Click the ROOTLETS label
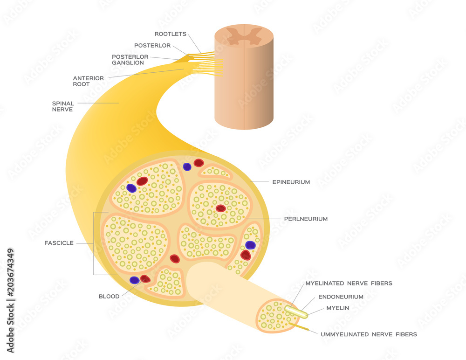tap(171, 34)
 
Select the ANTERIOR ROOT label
tap(88, 81)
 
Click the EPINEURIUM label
tap(291, 182)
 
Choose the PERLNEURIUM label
tap(306, 219)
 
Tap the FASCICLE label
tap(59, 243)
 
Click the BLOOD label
tap(109, 296)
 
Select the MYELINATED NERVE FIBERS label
tap(349, 283)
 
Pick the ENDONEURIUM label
tap(341, 297)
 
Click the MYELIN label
tap(338, 308)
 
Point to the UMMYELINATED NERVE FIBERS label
tap(368, 334)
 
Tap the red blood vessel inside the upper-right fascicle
tap(220, 208)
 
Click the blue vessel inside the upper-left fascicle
tap(131, 188)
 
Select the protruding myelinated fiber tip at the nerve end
tap(297, 312)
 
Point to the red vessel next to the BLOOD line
tap(145, 279)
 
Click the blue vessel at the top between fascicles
tap(187, 166)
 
